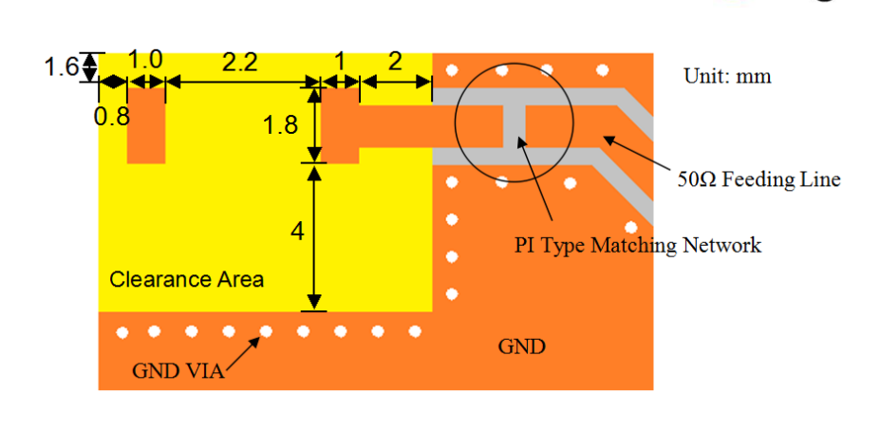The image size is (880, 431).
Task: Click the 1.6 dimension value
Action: [61, 68]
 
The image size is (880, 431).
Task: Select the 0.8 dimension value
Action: [112, 118]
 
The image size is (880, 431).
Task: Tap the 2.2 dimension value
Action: [239, 63]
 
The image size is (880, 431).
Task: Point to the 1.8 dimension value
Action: [280, 125]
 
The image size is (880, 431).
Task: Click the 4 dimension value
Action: [297, 231]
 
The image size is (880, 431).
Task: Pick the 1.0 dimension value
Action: [145, 60]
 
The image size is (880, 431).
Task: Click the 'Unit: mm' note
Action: [727, 76]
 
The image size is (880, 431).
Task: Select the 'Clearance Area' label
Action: [186, 279]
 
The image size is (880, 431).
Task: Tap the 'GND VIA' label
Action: [178, 371]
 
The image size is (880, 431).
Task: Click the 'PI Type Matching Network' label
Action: [638, 245]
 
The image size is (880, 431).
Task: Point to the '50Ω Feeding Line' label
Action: [758, 179]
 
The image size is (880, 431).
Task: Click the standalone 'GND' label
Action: [521, 347]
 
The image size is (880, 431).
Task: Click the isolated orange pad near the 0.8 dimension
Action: [146, 125]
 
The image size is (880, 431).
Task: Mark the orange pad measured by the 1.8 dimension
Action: [340, 125]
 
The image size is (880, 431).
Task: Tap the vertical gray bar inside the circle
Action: [515, 125]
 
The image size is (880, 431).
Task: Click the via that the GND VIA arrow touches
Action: [266, 331]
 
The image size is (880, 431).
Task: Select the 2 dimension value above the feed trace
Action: [395, 62]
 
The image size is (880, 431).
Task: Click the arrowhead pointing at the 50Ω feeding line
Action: [609, 140]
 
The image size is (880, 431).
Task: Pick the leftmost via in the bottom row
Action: [122, 333]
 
